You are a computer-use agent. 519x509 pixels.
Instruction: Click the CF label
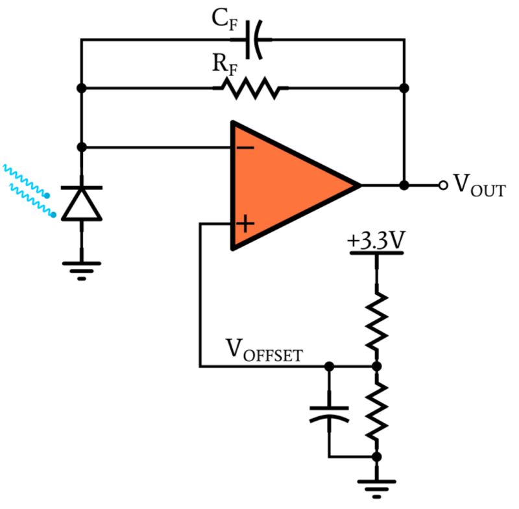(x=225, y=20)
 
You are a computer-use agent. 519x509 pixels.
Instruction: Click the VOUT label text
(x=479, y=185)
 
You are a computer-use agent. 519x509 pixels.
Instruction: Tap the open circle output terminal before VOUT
(x=443, y=185)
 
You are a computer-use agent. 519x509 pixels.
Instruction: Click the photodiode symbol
(x=81, y=202)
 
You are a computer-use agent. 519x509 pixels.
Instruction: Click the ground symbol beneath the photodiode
(x=81, y=267)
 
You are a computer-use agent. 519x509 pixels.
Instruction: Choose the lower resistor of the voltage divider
(x=376, y=410)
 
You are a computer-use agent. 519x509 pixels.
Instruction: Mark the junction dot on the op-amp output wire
(x=404, y=185)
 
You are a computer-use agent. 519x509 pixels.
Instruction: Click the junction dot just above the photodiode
(x=81, y=147)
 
